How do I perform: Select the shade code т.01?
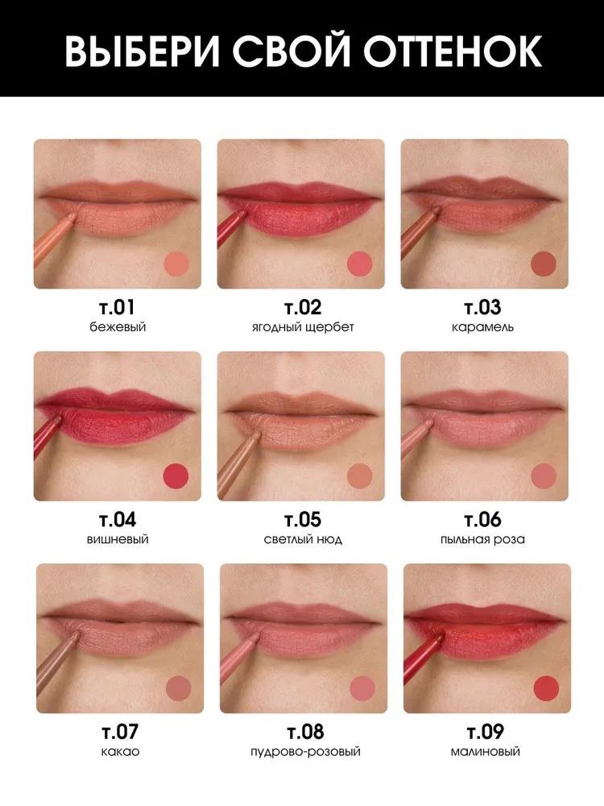[x=117, y=307]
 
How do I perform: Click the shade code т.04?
[x=118, y=520]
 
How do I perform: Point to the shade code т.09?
[x=486, y=732]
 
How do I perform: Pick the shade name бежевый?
[x=118, y=327]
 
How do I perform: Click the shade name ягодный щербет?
[x=303, y=327]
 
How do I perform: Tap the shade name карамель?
[x=482, y=327]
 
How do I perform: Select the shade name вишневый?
[x=118, y=539]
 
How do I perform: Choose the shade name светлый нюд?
[x=303, y=539]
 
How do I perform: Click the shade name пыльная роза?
[x=482, y=539]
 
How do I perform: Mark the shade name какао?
[x=120, y=751]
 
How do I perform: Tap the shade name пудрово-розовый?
[x=305, y=751]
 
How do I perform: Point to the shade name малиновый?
[x=486, y=751]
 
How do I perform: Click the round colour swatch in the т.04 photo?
[x=176, y=476]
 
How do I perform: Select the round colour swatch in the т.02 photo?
[x=359, y=264]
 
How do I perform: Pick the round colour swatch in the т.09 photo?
[x=546, y=688]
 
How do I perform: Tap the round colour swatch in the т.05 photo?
[x=359, y=476]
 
